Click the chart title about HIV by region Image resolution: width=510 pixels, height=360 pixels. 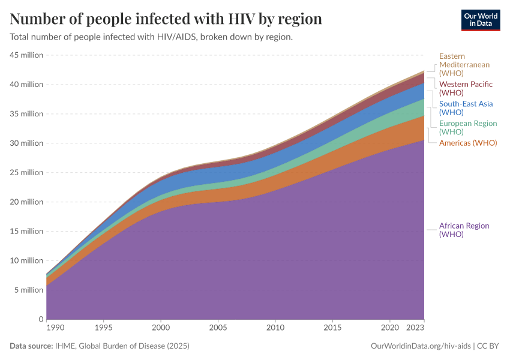point(166,19)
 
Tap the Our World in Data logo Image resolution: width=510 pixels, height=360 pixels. point(480,20)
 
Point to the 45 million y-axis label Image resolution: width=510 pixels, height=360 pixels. point(26,55)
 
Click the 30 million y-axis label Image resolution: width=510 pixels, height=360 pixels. point(26,143)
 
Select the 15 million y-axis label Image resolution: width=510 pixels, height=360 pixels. point(26,231)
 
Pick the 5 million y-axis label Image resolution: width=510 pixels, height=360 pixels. point(28,290)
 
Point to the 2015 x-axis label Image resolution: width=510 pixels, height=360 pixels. point(333,329)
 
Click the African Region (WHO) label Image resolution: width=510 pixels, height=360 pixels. point(464,230)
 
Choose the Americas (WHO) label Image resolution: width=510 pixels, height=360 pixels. point(468,143)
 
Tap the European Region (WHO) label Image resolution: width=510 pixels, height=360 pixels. point(468,127)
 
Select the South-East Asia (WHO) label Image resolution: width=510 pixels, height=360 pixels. point(466,108)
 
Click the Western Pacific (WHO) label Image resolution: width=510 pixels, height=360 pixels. point(466,88)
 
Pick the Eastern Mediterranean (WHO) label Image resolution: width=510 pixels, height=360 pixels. point(464,64)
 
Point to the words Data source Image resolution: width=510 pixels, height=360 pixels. point(31,346)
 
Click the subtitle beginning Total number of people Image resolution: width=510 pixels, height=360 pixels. point(151,37)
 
